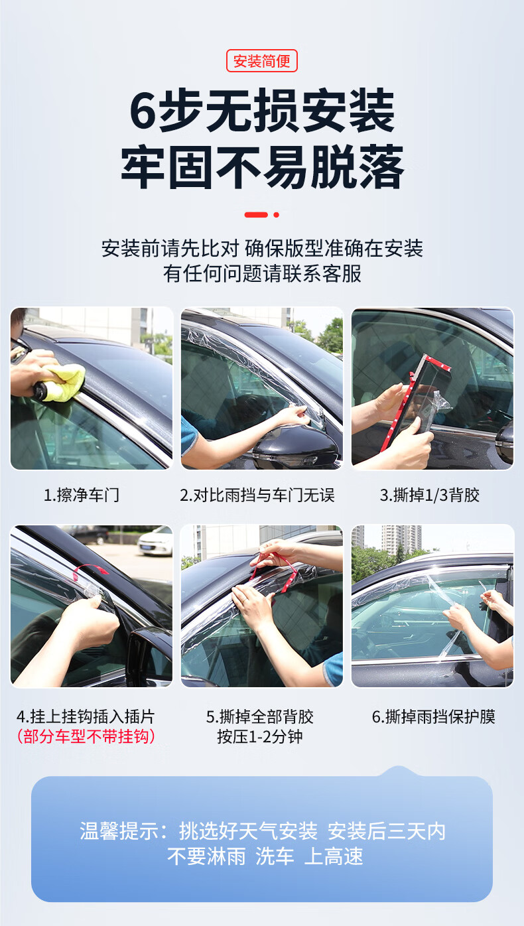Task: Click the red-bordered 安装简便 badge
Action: click(x=261, y=61)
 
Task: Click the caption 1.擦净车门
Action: click(x=82, y=495)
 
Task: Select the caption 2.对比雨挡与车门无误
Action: click(x=257, y=495)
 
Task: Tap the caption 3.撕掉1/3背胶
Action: click(x=429, y=495)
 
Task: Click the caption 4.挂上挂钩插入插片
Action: click(x=86, y=716)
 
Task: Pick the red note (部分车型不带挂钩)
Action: click(x=86, y=736)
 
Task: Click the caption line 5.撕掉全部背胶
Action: click(x=260, y=716)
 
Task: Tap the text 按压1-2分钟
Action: click(x=260, y=736)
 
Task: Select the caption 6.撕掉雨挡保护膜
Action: click(x=434, y=716)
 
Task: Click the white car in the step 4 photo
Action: click(x=155, y=541)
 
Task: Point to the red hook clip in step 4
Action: click(x=89, y=570)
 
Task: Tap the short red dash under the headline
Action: click(x=256, y=214)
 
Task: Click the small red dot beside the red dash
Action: click(x=276, y=214)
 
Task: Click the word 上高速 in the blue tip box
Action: click(x=334, y=856)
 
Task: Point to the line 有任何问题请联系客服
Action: click(x=262, y=273)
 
